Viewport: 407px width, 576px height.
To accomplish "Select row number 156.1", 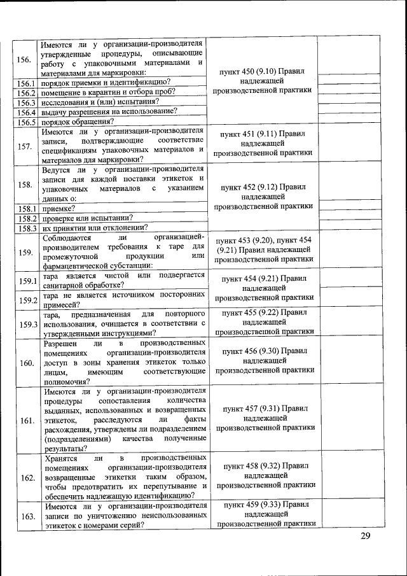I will coord(25,83).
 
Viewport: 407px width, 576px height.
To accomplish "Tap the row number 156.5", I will coord(25,122).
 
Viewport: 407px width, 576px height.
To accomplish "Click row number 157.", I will coord(25,146).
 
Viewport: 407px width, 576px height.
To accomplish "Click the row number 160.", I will coord(26,363).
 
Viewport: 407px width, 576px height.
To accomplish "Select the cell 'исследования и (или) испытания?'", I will coord(100,102).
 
